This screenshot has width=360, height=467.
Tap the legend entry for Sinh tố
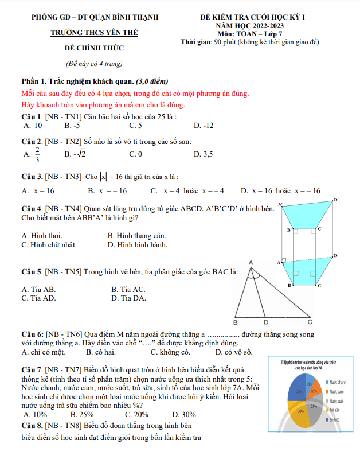click(334, 419)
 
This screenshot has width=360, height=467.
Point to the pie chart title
click(308, 365)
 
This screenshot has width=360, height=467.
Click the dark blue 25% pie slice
click(299, 391)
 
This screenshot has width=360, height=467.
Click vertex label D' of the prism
click(336, 199)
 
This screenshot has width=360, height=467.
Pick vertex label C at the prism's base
click(319, 285)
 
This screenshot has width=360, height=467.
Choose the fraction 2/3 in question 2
click(38, 154)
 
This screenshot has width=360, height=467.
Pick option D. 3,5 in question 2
click(204, 154)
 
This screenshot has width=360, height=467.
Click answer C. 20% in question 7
click(136, 414)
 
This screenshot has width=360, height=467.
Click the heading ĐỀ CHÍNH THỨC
click(95, 48)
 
